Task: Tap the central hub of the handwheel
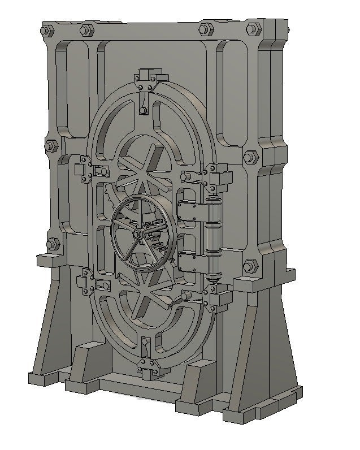coord(137,232)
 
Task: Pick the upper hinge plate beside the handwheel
coord(190,212)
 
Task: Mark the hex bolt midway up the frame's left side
coord(50,145)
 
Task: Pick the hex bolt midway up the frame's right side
coord(249,157)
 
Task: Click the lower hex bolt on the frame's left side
coord(53,244)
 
